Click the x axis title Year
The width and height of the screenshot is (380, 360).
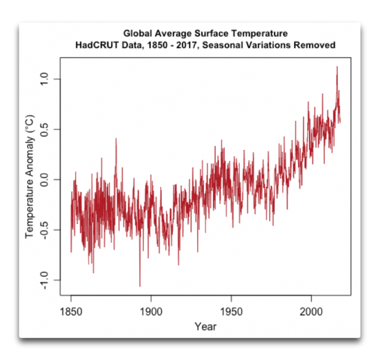click(205, 327)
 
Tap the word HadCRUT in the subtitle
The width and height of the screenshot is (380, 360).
click(96, 45)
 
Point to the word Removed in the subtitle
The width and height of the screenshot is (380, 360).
click(316, 45)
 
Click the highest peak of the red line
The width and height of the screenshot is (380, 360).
click(337, 67)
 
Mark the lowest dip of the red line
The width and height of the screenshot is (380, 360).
click(140, 286)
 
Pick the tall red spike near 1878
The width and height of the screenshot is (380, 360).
click(116, 139)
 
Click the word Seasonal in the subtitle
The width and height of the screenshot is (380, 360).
click(225, 45)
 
